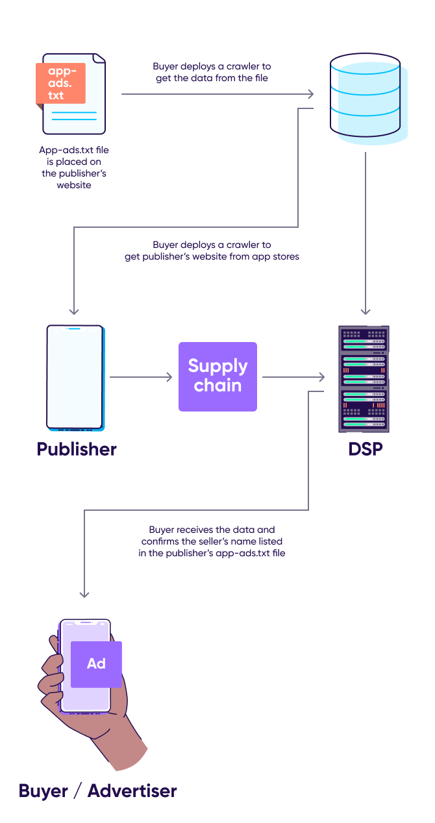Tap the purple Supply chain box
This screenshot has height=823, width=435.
click(x=217, y=376)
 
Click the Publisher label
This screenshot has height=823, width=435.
click(x=77, y=449)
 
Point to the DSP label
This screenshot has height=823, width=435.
click(x=365, y=449)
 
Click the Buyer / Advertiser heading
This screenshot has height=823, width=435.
click(x=97, y=791)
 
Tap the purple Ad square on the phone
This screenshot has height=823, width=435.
click(x=96, y=663)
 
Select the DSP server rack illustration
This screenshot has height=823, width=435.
click(x=364, y=378)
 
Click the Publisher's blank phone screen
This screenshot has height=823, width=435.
click(x=75, y=376)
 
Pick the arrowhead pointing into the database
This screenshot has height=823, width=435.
click(x=310, y=95)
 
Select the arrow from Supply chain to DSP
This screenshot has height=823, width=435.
click(x=292, y=377)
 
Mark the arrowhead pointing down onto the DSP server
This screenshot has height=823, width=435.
click(x=366, y=310)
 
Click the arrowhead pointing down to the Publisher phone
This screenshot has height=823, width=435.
click(x=75, y=310)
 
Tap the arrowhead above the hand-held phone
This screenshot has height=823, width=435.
click(x=84, y=593)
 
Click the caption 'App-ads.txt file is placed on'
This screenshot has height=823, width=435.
click(x=74, y=151)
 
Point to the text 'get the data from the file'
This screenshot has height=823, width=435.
click(x=212, y=78)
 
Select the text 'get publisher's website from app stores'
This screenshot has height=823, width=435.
click(x=212, y=256)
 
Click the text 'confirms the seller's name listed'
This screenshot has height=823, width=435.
click(x=212, y=541)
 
